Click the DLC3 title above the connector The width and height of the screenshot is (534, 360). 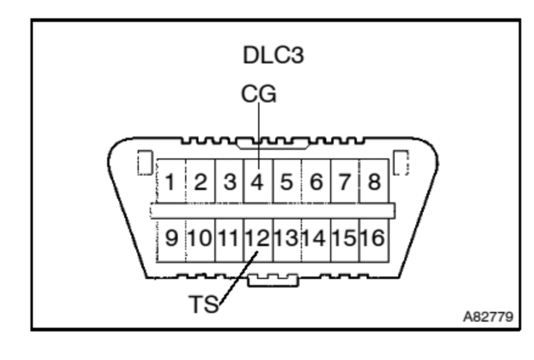click(273, 55)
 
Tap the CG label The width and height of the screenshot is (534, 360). click(258, 94)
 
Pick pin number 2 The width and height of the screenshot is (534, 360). click(200, 182)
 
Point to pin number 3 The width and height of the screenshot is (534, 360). click(230, 182)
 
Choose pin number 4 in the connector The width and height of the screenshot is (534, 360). click(258, 182)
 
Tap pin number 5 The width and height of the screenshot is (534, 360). click(287, 182)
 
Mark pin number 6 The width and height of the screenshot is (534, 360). click(316, 182)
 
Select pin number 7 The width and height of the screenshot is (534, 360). click(345, 182)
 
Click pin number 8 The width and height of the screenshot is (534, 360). click(374, 182)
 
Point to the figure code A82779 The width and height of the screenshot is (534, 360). click(487, 317)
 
